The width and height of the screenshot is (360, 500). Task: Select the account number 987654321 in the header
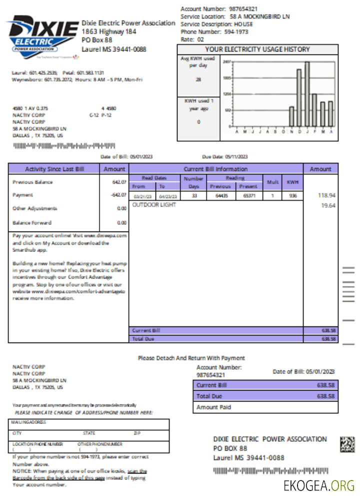243,9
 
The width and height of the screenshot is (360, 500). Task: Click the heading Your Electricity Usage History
257,49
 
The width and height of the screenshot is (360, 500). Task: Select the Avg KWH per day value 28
198,79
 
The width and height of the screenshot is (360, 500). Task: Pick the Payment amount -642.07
118,195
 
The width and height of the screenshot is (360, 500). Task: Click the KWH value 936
292,196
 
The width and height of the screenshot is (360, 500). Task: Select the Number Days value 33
193,196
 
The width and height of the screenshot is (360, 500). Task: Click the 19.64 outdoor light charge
327,205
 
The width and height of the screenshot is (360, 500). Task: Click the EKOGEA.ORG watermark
318,485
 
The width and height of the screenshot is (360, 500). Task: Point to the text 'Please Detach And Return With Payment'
191,358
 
